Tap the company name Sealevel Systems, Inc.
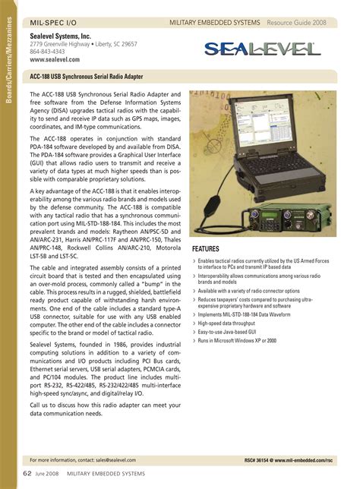click(x=61, y=36)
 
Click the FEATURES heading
click(x=207, y=249)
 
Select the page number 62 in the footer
click(x=27, y=474)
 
